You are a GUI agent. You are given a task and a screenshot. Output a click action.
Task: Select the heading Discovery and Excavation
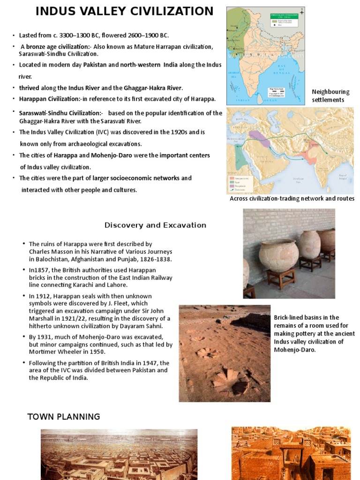155,225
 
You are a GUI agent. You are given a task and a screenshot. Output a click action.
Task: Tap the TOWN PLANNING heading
64,417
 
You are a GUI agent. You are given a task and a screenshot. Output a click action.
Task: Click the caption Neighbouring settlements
330,96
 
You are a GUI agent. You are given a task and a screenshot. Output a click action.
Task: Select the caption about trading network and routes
292,199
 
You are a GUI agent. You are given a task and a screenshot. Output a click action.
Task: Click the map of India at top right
265,55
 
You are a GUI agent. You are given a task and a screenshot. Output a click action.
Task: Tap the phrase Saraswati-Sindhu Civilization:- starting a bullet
60,113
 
